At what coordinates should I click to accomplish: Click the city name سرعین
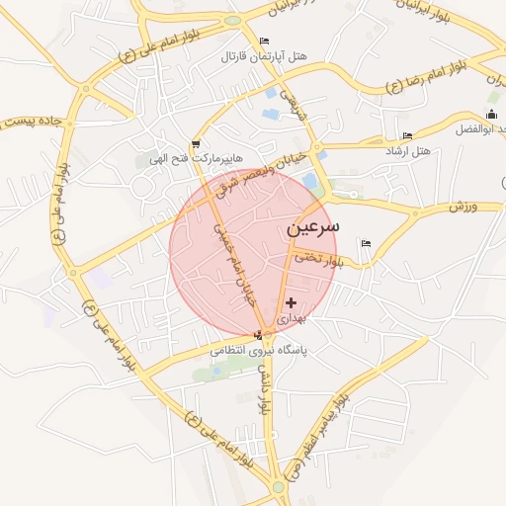(312, 226)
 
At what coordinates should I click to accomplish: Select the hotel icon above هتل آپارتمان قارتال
(263, 41)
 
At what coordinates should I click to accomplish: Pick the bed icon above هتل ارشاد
(407, 135)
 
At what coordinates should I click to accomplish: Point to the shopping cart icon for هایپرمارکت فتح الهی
(196, 143)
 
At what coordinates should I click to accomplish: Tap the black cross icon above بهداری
(291, 301)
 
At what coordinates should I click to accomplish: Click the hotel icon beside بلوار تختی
(367, 243)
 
